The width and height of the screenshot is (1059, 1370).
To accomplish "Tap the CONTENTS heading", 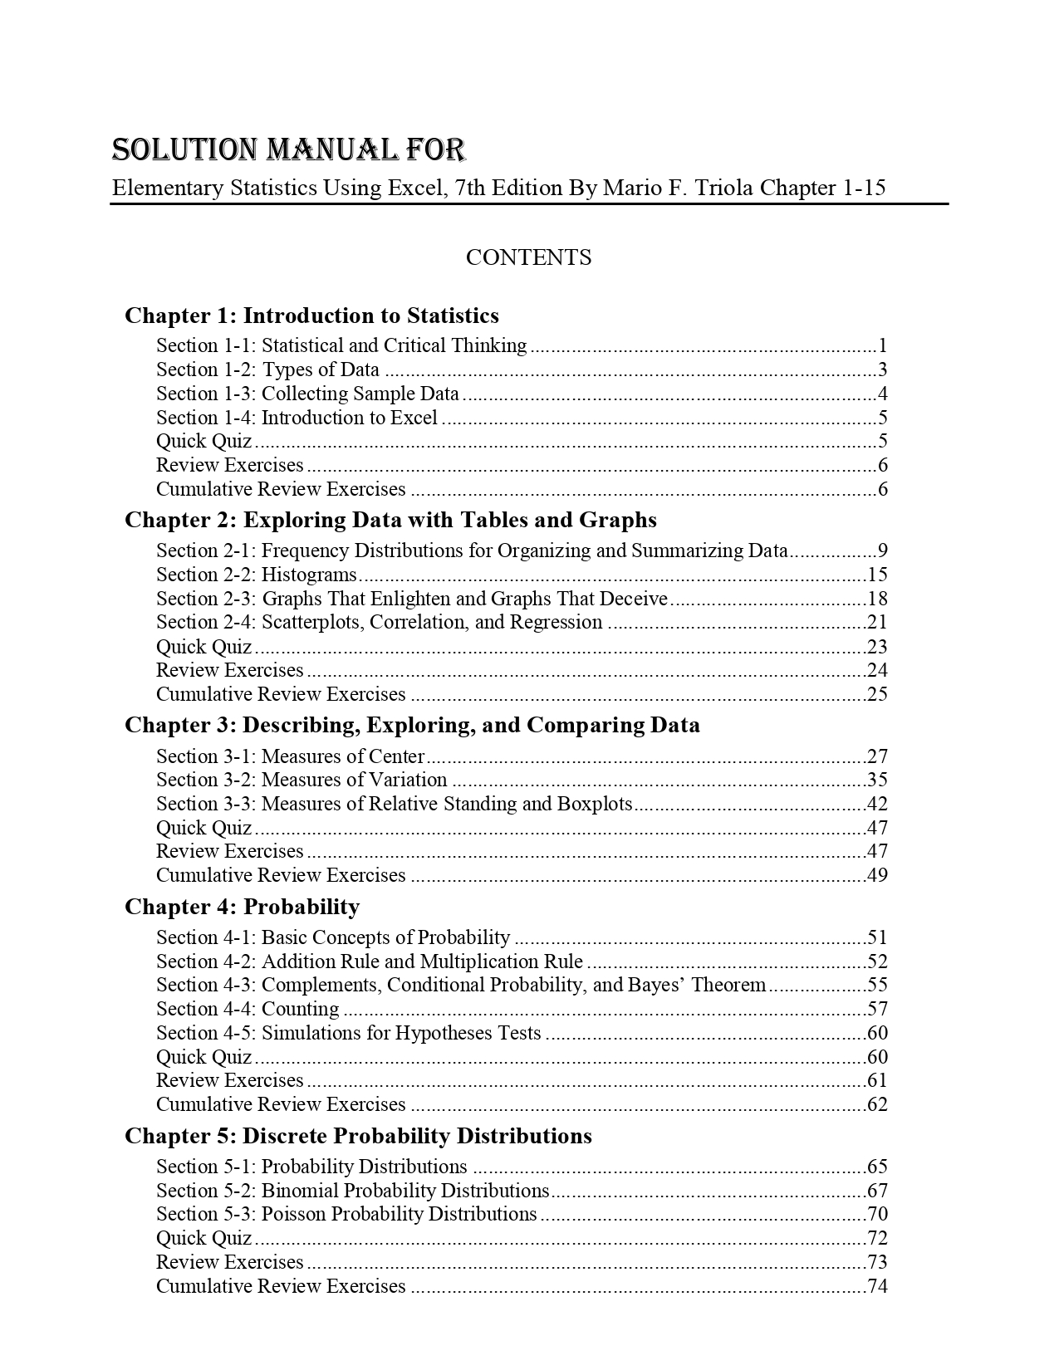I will pyautogui.click(x=528, y=257).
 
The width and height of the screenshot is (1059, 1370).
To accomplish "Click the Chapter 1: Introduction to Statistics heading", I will pyautogui.click(x=311, y=316).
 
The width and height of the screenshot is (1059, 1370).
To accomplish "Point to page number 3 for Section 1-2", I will pyautogui.click(x=883, y=370).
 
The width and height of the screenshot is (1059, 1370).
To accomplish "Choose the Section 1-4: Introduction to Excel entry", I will pyautogui.click(x=297, y=418).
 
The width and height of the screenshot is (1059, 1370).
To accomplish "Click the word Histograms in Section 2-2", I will pyautogui.click(x=309, y=575).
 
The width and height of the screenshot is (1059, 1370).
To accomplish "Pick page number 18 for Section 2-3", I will pyautogui.click(x=877, y=599).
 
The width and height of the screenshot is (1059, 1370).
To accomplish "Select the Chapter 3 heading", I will pyautogui.click(x=412, y=725).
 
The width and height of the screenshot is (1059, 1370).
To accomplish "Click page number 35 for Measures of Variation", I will pyautogui.click(x=877, y=780).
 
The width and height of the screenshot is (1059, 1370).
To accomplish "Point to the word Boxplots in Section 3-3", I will pyautogui.click(x=595, y=804).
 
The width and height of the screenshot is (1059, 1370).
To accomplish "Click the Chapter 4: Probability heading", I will pyautogui.click(x=242, y=907).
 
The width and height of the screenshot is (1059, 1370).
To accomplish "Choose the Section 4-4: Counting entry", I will pyautogui.click(x=248, y=1010).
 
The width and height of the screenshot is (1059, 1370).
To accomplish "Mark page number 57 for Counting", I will pyautogui.click(x=877, y=1010).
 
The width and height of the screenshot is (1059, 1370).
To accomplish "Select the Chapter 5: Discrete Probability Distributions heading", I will pyautogui.click(x=358, y=1136).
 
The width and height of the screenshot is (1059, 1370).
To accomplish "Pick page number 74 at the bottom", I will pyautogui.click(x=877, y=1287).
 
